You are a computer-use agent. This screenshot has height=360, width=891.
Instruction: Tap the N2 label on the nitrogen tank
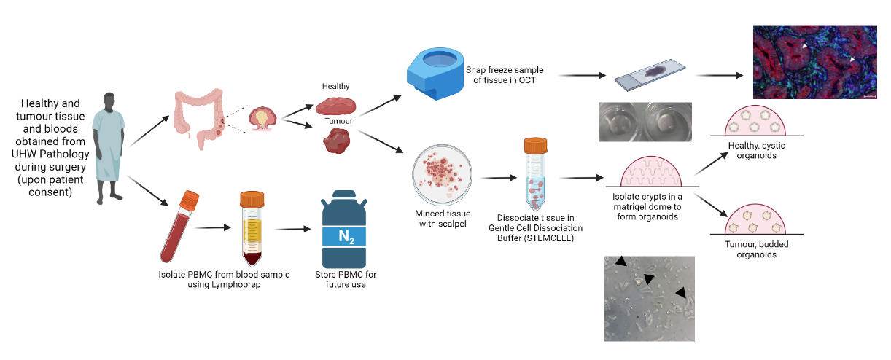point(346,237)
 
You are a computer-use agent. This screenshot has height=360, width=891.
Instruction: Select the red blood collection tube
point(179,227)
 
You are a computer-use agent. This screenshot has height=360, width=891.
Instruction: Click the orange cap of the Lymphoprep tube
point(252,199)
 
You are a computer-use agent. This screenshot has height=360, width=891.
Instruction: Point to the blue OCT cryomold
point(435,74)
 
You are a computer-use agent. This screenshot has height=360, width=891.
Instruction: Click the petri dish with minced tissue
point(443,175)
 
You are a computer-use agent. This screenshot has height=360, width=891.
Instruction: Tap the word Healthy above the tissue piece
point(335,86)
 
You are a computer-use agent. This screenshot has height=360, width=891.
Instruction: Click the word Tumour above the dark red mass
point(338,121)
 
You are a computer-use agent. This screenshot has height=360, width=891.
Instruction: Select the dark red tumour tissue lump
point(337,141)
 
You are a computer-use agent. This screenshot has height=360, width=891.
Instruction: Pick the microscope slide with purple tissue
point(650,75)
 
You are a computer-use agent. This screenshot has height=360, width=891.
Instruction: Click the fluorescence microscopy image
point(814,62)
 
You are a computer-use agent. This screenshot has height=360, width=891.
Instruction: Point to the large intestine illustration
point(199,118)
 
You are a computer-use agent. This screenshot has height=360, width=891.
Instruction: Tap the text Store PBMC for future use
point(346,279)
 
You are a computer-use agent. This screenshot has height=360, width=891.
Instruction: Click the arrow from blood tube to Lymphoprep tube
point(212,227)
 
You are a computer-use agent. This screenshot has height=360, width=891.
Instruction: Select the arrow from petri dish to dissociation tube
point(499,178)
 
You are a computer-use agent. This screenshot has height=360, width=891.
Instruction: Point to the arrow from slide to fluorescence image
point(719,75)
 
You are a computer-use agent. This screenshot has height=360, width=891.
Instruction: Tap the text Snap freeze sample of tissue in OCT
point(505,75)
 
